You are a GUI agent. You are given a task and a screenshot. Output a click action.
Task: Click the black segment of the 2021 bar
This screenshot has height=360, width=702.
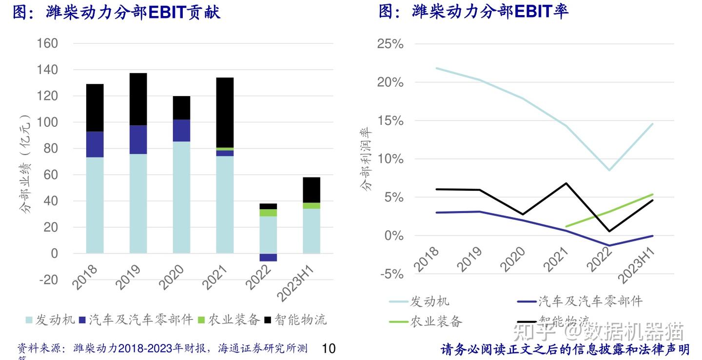[x=225, y=112]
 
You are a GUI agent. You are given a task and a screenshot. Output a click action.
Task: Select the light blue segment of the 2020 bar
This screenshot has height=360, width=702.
[x=181, y=197]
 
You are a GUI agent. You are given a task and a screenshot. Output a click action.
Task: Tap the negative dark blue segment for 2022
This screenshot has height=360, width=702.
[x=268, y=257]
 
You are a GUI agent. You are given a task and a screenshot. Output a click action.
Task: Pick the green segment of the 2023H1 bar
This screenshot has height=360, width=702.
[x=312, y=205]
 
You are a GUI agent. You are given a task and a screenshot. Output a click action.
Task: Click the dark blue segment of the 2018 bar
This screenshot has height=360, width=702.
[x=95, y=144]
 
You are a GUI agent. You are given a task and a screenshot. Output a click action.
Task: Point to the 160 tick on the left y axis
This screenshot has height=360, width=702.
[x=47, y=43]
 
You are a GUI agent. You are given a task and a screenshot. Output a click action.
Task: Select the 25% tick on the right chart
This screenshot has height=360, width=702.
[x=390, y=44]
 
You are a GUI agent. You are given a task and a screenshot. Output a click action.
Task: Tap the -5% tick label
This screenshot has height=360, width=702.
[x=390, y=274]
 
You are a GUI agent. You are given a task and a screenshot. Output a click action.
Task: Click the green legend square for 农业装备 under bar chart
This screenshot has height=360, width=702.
[x=201, y=320]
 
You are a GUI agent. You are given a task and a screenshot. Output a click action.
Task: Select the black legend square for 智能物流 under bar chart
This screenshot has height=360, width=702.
[x=268, y=320]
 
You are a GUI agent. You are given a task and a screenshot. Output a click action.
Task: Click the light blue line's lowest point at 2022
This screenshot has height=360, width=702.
[x=609, y=170]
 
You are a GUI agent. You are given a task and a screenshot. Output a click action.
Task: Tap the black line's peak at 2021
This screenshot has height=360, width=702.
[x=565, y=183]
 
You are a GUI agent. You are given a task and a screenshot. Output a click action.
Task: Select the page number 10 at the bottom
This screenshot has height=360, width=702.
[x=329, y=348]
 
